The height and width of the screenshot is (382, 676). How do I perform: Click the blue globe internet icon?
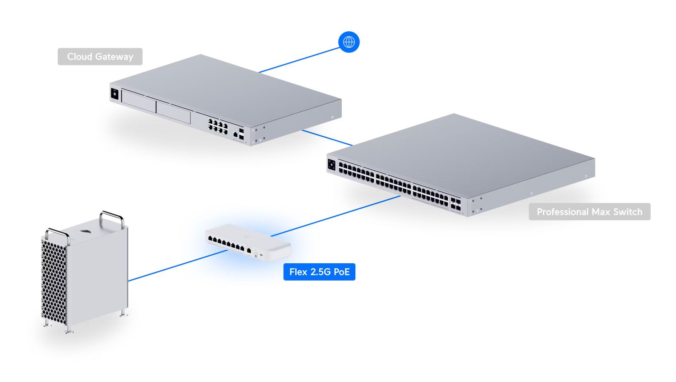(x=349, y=42)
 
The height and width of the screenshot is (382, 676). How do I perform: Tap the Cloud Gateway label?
(x=100, y=57)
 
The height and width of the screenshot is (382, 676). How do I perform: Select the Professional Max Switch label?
(x=589, y=212)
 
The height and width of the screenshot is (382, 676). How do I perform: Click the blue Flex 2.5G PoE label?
(x=319, y=272)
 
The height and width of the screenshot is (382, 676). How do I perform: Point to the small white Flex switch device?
(x=248, y=243)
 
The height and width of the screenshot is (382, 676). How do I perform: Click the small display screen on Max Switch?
(x=332, y=165)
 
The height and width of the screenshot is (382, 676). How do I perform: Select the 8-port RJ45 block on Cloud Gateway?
(x=218, y=126)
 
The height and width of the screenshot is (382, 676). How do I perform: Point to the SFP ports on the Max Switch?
(x=456, y=204)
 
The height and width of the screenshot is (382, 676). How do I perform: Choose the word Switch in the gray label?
(x=628, y=212)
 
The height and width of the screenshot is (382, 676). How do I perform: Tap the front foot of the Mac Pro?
(x=67, y=330)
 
